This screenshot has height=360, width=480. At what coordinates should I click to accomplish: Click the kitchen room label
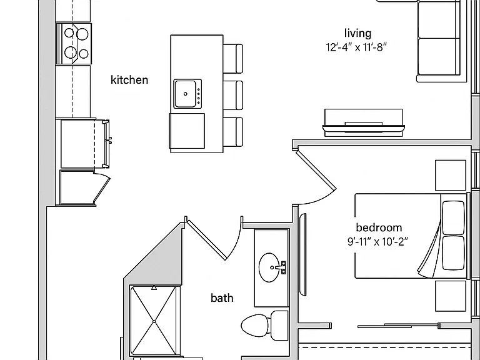point(129,80)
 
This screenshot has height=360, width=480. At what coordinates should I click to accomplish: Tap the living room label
point(358,33)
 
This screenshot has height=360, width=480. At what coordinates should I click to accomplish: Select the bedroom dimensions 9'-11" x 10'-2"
point(377,242)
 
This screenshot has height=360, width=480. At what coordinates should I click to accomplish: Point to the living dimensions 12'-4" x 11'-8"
point(357,47)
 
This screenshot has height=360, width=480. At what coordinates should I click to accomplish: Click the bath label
point(222,297)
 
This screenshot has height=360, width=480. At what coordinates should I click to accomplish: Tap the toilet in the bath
point(264,326)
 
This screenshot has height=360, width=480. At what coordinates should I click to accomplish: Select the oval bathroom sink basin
point(269,267)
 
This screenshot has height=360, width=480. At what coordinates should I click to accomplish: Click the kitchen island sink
point(188,94)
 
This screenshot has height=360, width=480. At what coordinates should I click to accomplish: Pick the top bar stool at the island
point(233,59)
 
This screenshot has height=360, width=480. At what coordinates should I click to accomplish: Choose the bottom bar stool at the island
point(233,132)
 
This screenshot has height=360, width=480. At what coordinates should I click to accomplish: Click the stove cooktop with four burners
point(74,44)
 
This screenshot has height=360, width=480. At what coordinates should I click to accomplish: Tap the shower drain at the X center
point(154,321)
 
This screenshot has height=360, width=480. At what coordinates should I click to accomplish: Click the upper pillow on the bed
point(453,217)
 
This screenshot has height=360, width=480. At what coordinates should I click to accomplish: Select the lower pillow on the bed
point(453,252)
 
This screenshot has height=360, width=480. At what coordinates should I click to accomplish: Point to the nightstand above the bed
point(451,175)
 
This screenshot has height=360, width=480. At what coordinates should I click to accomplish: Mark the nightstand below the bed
point(451,296)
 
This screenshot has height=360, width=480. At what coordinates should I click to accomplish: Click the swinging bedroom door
point(316,168)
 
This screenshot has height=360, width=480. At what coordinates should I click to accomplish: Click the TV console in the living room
point(363,122)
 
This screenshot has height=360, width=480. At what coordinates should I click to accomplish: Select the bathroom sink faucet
point(282,267)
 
